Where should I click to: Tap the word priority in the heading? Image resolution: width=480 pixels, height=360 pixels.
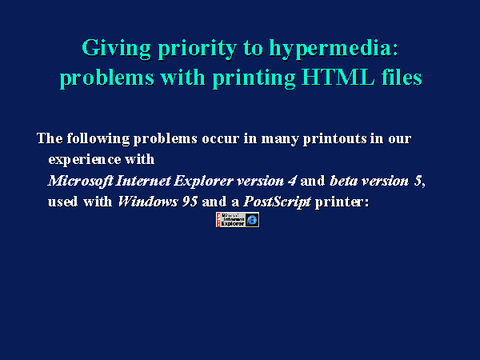(198, 49)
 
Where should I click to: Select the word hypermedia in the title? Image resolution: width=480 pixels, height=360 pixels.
(334, 48)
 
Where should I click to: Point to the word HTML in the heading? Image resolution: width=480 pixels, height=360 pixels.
(338, 77)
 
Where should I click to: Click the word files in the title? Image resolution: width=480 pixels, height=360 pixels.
(402, 77)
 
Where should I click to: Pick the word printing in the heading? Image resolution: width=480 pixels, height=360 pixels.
(254, 78)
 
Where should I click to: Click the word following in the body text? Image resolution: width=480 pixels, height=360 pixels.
(98, 139)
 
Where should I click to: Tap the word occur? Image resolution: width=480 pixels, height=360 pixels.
(220, 139)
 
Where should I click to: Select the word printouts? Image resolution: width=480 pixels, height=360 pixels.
(335, 139)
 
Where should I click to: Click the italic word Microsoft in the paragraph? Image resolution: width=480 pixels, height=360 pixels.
(81, 181)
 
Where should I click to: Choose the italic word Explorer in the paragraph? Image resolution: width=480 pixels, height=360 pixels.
(203, 182)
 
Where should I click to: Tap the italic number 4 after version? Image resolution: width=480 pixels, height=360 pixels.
(292, 181)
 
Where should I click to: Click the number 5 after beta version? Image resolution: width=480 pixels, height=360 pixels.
(418, 181)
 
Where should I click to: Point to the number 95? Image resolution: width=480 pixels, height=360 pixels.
(190, 202)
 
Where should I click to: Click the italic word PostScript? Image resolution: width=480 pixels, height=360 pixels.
(277, 202)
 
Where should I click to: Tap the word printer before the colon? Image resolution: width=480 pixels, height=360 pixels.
(339, 202)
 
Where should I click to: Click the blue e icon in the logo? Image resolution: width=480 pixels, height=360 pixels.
(252, 220)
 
